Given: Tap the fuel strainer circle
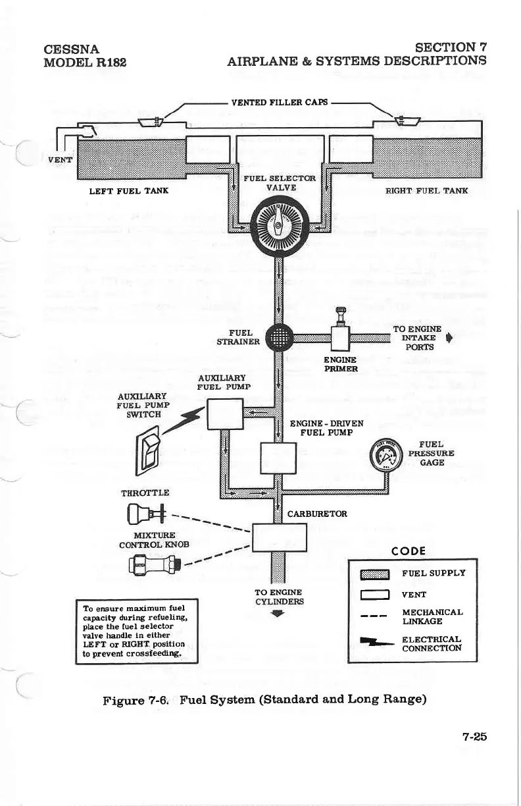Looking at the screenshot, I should [278, 339].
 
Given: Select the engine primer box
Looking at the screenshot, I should [340, 338].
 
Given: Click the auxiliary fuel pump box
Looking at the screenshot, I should [226, 414].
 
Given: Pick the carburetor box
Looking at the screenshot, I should [280, 536].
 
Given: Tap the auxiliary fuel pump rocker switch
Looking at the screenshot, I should [146, 450].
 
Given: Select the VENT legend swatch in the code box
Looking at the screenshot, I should [374, 595].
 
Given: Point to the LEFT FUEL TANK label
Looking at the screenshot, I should [129, 191].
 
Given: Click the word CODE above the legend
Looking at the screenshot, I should [409, 551].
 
